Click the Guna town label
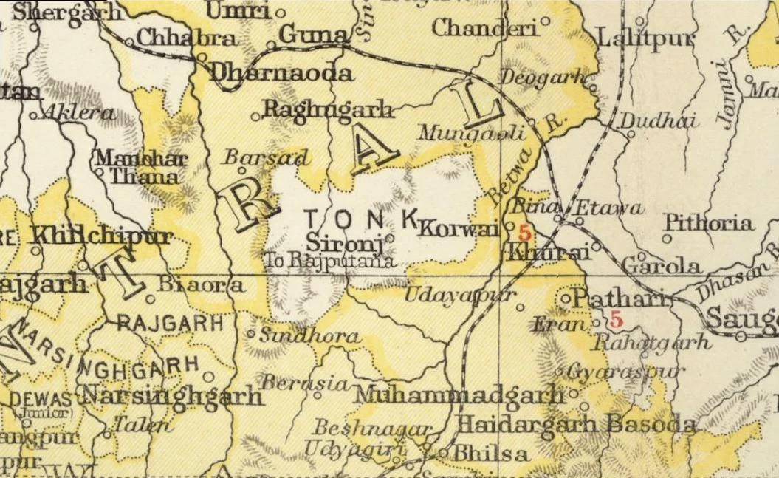click(x=314, y=35)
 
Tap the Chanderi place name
click(x=484, y=28)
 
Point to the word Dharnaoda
click(x=281, y=73)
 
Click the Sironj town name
click(x=343, y=241)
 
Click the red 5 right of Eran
click(x=615, y=321)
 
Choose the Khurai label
click(x=548, y=253)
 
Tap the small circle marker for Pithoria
click(x=667, y=238)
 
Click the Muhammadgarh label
click(x=459, y=395)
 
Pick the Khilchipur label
click(x=103, y=237)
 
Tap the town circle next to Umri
click(x=280, y=13)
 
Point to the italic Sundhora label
click(x=309, y=337)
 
